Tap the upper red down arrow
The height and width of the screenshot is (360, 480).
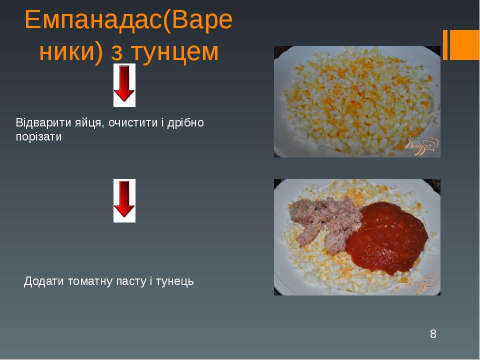124,84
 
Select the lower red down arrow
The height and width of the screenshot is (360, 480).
124,200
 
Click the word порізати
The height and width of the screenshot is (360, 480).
39,137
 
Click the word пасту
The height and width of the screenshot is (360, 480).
129,282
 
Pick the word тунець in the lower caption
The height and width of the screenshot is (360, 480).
174,282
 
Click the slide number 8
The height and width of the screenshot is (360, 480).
433,333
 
